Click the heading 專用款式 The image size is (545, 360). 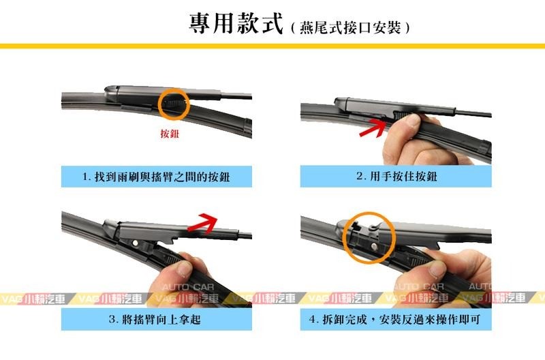pyautogui.click(x=236, y=23)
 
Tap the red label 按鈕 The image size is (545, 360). pyautogui.click(x=170, y=133)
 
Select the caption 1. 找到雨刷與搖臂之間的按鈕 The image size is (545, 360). pyautogui.click(x=157, y=177)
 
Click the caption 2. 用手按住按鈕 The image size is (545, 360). pyautogui.click(x=396, y=177)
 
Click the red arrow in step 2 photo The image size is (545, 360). pyautogui.click(x=373, y=127)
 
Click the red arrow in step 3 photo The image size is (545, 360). pyautogui.click(x=202, y=224)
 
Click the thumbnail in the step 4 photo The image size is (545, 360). pyautogui.click(x=437, y=269)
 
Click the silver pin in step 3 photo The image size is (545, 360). pyautogui.click(x=135, y=242)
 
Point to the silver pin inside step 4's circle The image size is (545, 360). pyautogui.click(x=373, y=245)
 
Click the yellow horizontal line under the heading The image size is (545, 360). pyautogui.click(x=272, y=46)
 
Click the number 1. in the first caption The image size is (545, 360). pyautogui.click(x=87, y=177)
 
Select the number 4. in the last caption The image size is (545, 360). pyautogui.click(x=314, y=320)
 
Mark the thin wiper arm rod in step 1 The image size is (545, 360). pyautogui.click(x=236, y=95)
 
